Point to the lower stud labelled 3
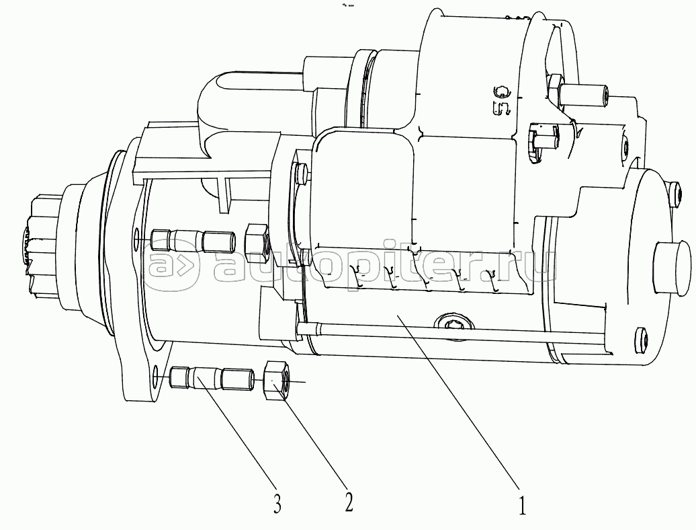[x=210, y=377]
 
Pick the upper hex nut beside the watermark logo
[x=257, y=243]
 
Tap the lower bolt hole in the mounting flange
[x=157, y=374]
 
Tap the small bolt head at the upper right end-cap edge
[x=672, y=198]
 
